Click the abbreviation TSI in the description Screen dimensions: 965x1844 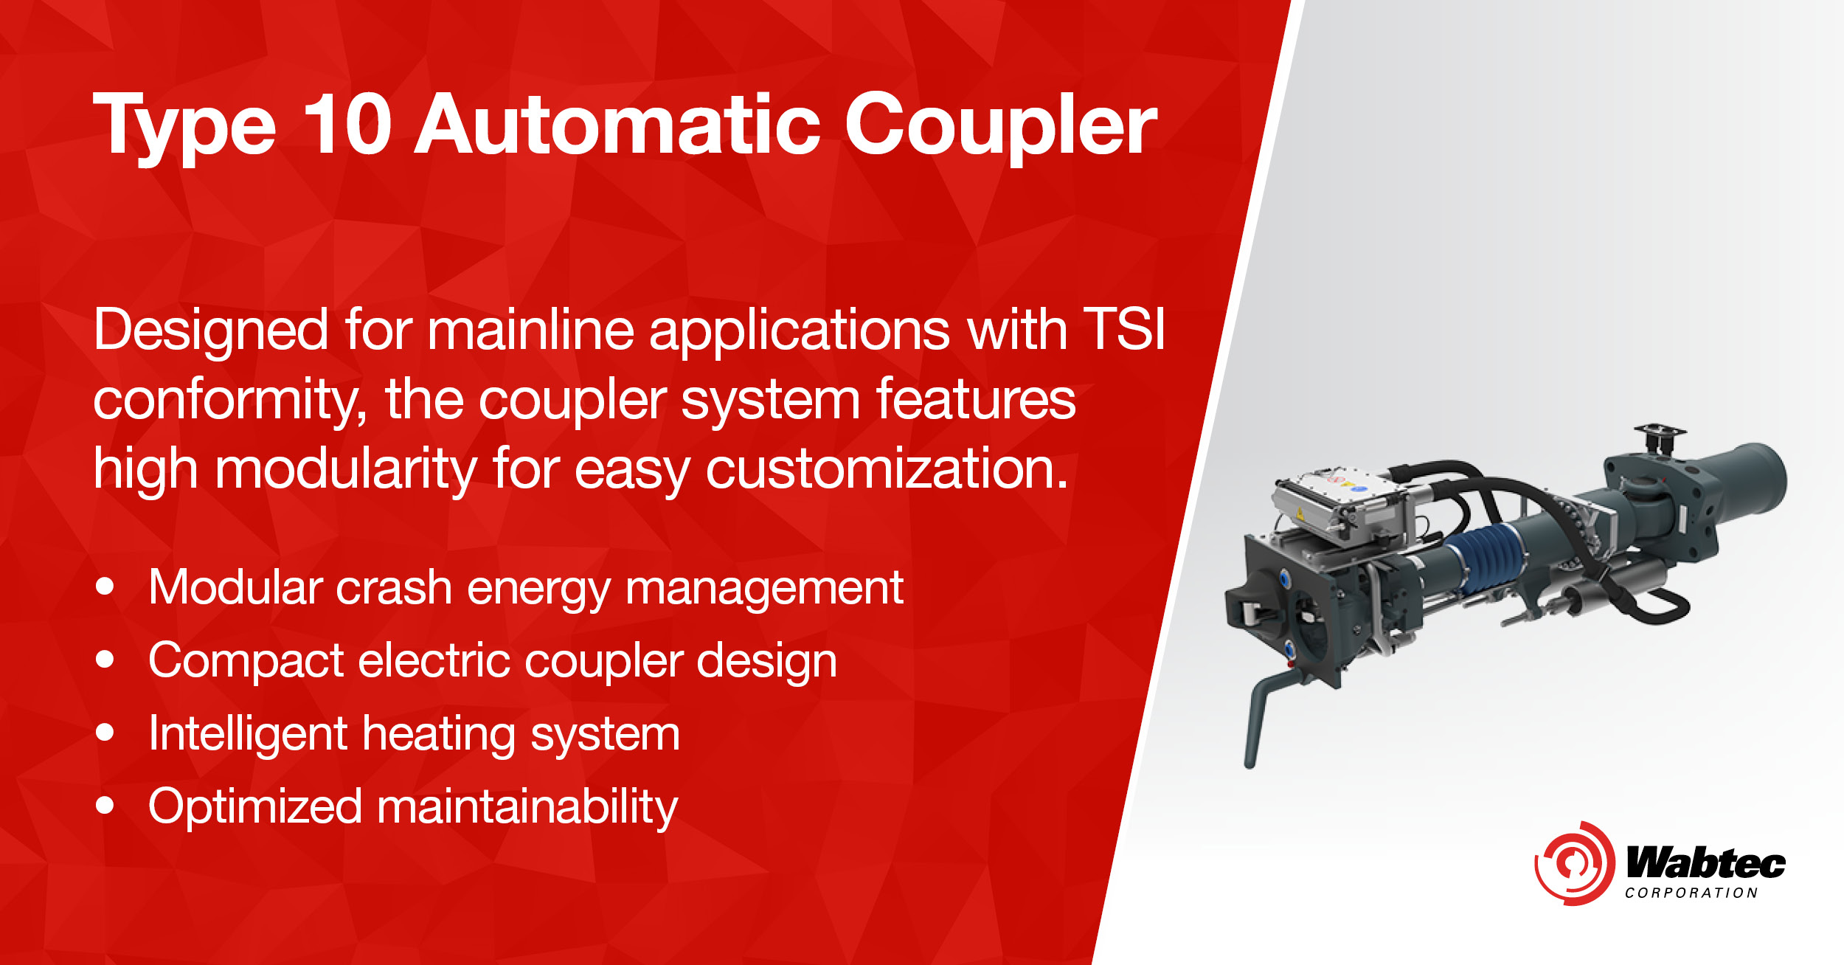click(1124, 329)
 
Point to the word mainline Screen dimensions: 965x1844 click(530, 329)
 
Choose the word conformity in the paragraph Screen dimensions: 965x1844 click(229, 400)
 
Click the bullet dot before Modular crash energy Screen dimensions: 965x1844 click(105, 587)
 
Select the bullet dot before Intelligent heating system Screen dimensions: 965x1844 click(105, 733)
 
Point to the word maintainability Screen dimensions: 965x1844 click(527, 806)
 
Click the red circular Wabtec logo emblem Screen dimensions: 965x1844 click(1574, 864)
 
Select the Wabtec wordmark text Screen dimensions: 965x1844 click(1705, 862)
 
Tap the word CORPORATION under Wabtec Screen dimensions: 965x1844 click(1691, 893)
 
